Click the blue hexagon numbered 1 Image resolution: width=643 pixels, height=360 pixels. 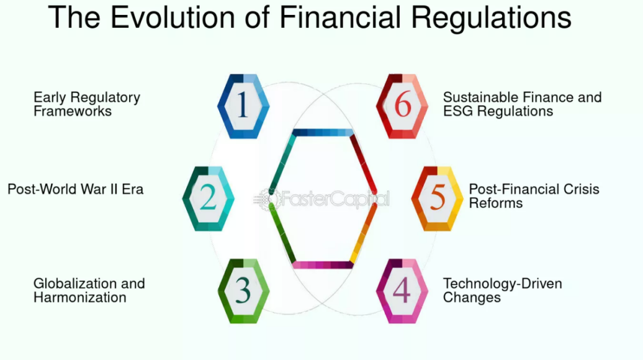(x=243, y=106)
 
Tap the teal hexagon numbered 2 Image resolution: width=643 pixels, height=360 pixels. (x=209, y=199)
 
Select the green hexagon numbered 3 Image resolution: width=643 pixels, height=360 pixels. (x=243, y=291)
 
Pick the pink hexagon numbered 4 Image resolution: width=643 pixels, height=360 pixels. (x=402, y=291)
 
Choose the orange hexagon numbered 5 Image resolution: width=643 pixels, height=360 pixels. (x=437, y=199)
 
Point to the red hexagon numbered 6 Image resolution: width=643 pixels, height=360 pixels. (x=402, y=106)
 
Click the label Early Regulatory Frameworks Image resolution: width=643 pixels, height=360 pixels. (x=87, y=104)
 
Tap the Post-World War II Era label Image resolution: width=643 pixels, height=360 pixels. (x=76, y=189)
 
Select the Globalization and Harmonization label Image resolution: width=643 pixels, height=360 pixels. (x=89, y=290)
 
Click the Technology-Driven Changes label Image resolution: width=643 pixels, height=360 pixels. (x=502, y=290)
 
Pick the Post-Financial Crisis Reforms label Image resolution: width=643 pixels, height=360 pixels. (x=534, y=196)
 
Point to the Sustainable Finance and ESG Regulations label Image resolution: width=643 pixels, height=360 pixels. (x=522, y=104)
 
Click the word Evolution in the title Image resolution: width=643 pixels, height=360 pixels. (x=173, y=17)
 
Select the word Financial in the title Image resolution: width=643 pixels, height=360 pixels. (x=340, y=17)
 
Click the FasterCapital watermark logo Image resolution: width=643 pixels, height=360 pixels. (x=321, y=199)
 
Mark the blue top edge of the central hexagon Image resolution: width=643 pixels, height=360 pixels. (x=323, y=132)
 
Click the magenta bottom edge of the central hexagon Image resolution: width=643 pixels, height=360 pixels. (x=323, y=265)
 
